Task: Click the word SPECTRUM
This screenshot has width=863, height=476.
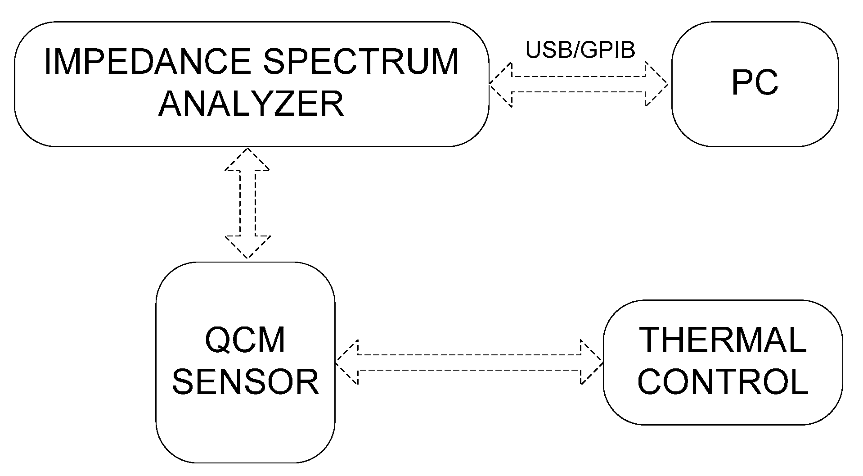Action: click(361, 62)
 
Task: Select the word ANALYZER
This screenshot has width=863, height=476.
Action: click(251, 104)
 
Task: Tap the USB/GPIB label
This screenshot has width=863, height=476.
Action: click(580, 50)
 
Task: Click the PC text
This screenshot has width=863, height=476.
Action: click(755, 83)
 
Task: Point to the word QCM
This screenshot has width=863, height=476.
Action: click(245, 340)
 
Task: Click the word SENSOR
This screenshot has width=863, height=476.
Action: click(246, 382)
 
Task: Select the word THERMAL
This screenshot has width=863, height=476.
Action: click(722, 340)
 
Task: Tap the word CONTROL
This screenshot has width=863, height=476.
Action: click(723, 382)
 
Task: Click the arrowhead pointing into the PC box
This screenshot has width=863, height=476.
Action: click(657, 84)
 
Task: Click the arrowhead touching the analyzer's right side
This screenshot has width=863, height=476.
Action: click(501, 84)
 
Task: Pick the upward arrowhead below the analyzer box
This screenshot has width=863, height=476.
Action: click(247, 159)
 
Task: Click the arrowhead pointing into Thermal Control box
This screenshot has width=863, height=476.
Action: click(592, 362)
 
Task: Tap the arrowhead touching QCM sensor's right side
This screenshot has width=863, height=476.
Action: click(347, 362)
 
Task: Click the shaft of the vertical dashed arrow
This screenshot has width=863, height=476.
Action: click(247, 203)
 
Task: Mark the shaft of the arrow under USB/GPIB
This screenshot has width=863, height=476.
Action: click(578, 84)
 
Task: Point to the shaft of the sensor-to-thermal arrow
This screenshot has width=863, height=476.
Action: click(469, 362)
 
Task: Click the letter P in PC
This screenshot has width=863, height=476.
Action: click(742, 83)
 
